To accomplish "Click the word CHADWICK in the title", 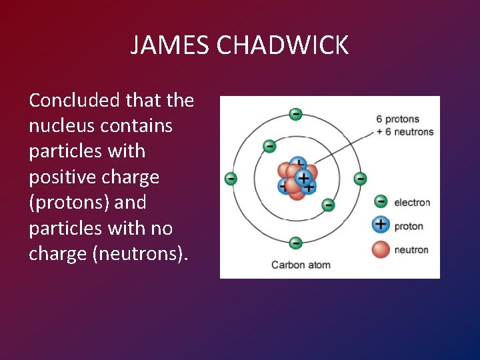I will [x=283, y=45].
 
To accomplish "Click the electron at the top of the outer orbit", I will [x=295, y=114].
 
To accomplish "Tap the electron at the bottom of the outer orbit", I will [x=296, y=243].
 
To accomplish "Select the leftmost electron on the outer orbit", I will [x=231, y=179].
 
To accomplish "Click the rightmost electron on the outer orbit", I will [x=360, y=179].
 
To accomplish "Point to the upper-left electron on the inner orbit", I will [x=269, y=146].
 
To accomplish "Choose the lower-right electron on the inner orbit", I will [x=328, y=205].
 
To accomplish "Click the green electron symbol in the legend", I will [x=381, y=201].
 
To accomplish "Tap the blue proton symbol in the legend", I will [x=381, y=225].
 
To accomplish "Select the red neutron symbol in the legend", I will [x=381, y=249].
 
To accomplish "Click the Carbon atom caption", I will [x=301, y=265].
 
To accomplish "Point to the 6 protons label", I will [x=397, y=119].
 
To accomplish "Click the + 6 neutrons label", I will [x=405, y=131].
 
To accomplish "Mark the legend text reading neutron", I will [x=411, y=250].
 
